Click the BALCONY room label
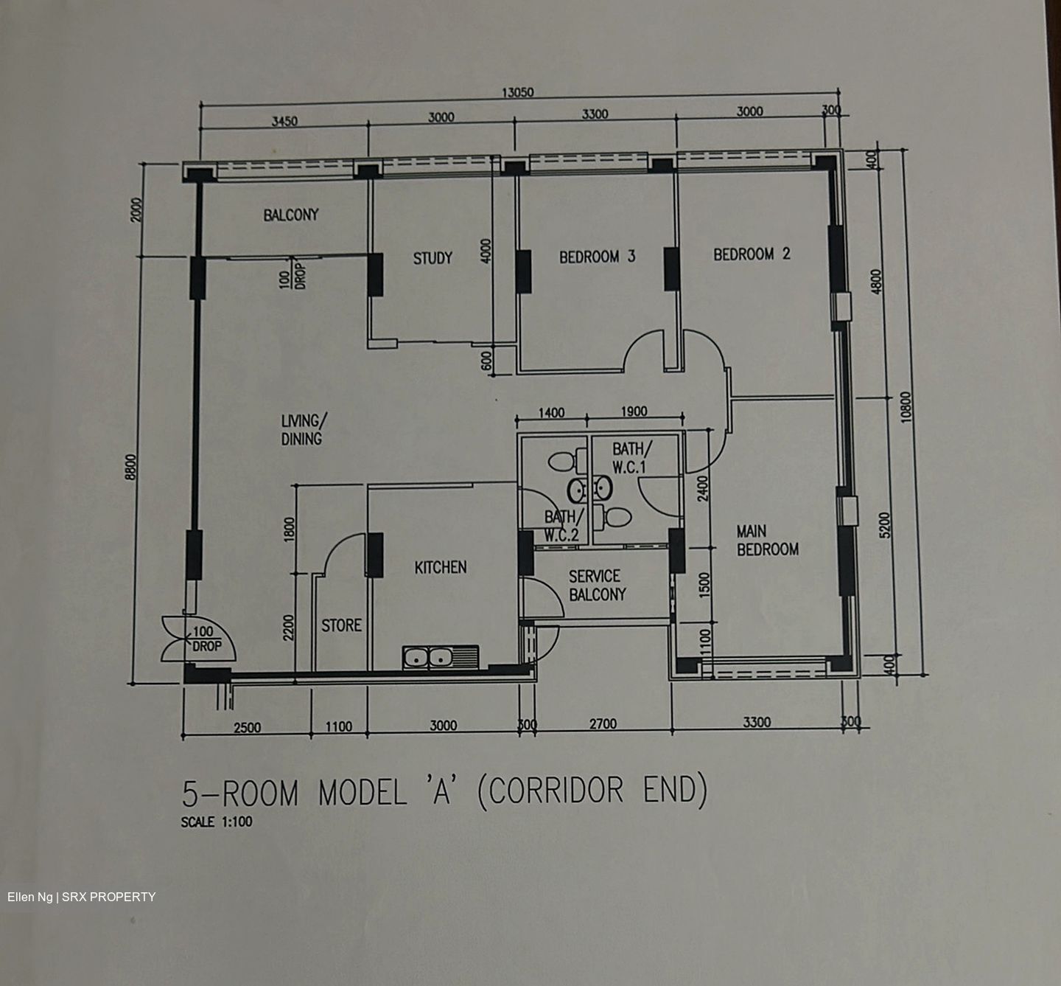290,215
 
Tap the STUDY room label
433,258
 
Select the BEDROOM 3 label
598,257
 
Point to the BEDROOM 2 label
752,254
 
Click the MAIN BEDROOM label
768,541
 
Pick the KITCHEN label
441,567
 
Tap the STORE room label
341,625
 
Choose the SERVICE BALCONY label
597,586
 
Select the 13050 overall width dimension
518,93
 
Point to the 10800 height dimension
906,407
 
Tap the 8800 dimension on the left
131,467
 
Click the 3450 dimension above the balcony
284,122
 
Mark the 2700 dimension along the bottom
603,724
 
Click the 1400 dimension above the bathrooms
551,413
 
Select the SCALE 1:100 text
217,822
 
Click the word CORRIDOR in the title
556,791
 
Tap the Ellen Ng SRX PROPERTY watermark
81,897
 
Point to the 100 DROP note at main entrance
206,639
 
